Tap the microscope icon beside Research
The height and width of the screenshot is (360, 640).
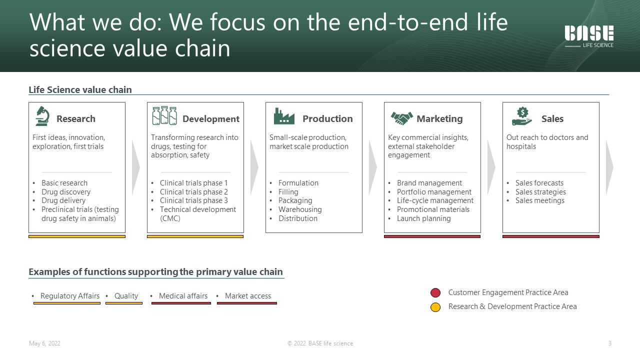tap(42, 116)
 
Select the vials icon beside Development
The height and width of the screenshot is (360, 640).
tap(164, 115)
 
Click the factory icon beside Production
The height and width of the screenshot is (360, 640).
tap(284, 116)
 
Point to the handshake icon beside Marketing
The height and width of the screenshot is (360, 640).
tap(401, 118)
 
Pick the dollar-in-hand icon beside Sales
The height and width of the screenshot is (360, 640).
tap(522, 116)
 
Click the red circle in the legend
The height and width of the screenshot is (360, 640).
tap(435, 292)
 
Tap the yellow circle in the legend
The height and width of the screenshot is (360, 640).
tap(435, 307)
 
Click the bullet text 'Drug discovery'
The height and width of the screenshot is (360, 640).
tap(66, 191)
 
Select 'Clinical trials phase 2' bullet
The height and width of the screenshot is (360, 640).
tap(193, 191)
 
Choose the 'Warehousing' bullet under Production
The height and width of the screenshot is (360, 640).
tap(300, 209)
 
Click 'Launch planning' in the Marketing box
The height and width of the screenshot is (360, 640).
tap(423, 218)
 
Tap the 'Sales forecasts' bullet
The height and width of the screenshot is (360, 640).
tap(539, 183)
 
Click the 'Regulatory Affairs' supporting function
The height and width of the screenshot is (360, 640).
tap(70, 295)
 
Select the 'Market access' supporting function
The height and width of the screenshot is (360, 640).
tap(248, 295)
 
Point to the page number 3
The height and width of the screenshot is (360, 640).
tap(609, 343)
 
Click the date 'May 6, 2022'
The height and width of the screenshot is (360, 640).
tap(44, 343)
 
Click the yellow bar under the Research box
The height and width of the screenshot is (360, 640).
tap(77, 236)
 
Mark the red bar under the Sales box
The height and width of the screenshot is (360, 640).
tap(551, 236)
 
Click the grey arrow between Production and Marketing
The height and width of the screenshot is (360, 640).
tap(372, 167)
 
